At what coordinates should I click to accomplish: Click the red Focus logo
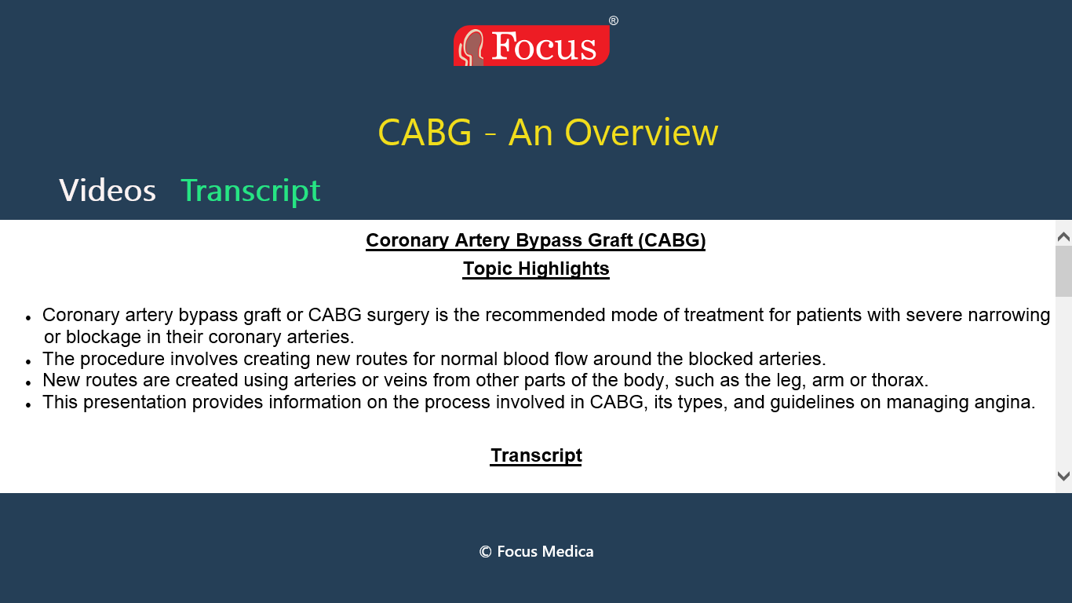(x=531, y=46)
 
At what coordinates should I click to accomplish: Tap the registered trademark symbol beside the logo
(x=614, y=20)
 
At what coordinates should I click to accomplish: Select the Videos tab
(x=108, y=190)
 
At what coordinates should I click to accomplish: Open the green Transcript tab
(x=250, y=191)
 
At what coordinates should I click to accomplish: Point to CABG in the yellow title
(x=425, y=133)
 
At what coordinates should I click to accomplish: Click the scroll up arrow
(x=1063, y=236)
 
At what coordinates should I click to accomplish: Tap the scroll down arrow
(x=1063, y=476)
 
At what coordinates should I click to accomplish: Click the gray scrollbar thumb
(x=1063, y=272)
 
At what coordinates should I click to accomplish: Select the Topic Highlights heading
(x=536, y=269)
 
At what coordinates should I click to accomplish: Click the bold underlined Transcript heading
(x=536, y=455)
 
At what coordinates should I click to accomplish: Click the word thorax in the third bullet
(x=899, y=380)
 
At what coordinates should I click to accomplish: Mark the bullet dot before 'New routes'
(x=28, y=383)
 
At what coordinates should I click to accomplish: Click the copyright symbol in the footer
(x=485, y=552)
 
